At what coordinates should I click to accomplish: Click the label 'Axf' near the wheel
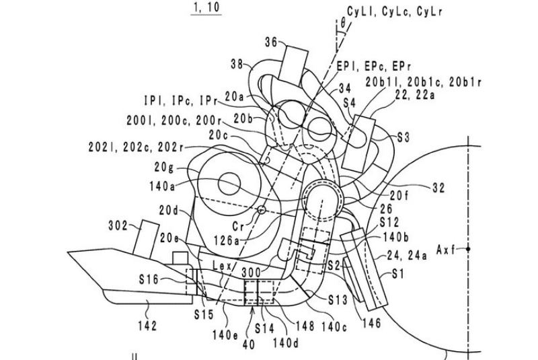coord(445,249)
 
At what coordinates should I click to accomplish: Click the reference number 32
coord(438,189)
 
